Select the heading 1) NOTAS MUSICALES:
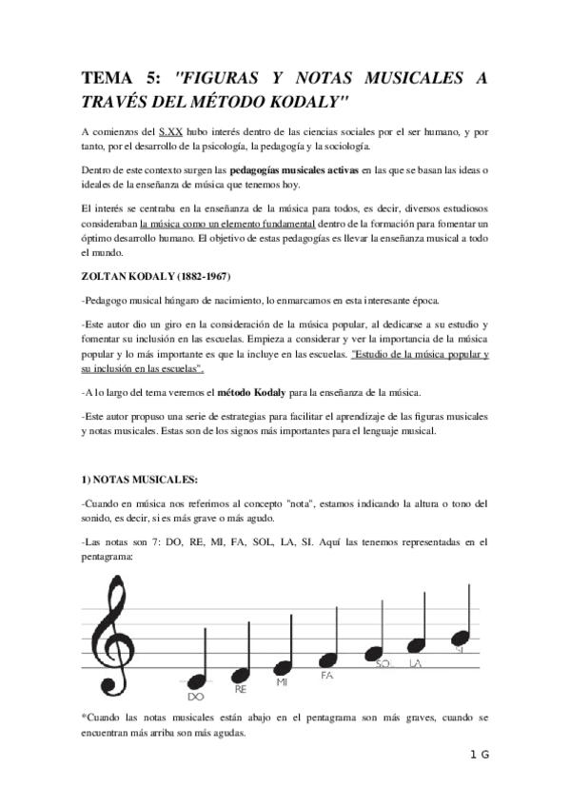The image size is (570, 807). click(x=138, y=480)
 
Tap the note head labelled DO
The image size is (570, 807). click(x=198, y=681)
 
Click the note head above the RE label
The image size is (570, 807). click(x=242, y=674)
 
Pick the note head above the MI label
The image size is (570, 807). click(x=284, y=666)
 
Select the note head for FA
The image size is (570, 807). click(x=329, y=659)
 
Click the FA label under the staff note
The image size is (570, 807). click(x=326, y=676)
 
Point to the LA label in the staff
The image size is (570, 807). click(x=416, y=663)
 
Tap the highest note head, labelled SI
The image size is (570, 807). click(x=461, y=637)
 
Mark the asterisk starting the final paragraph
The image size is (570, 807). click(x=84, y=714)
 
